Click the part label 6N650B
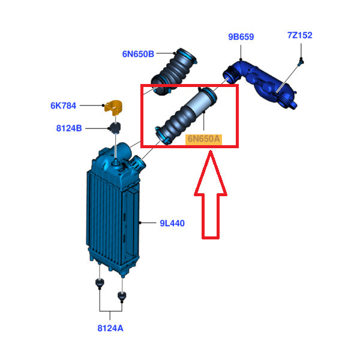[138, 54]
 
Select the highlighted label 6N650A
[203, 139]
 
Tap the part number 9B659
[241, 37]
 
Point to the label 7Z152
[300, 35]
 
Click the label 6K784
[63, 106]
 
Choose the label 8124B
[69, 128]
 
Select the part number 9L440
[172, 223]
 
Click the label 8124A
[110, 328]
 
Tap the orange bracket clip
[113, 107]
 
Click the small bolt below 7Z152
[301, 62]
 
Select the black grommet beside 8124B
[115, 128]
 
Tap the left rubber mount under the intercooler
[100, 283]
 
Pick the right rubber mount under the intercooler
[122, 296]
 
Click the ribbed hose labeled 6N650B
[174, 71]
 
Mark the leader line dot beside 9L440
[140, 223]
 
